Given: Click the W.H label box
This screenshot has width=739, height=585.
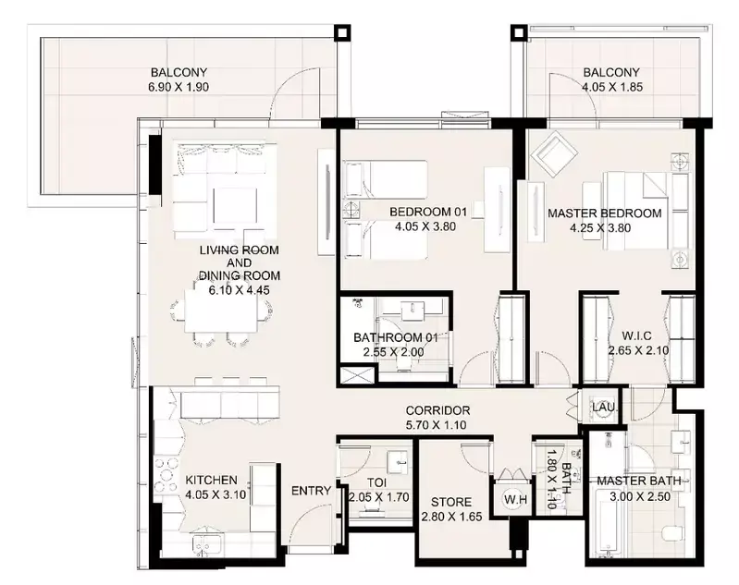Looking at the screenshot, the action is tap(515, 499).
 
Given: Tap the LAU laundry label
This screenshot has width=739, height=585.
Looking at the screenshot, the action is tap(604, 407).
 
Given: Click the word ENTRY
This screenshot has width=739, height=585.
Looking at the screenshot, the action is tap(311, 491).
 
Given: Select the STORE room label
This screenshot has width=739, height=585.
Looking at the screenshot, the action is tap(451, 502).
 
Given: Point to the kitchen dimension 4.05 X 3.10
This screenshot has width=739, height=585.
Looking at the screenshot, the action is tap(216, 495).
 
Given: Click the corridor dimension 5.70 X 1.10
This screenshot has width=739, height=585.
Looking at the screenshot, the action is tap(436, 425).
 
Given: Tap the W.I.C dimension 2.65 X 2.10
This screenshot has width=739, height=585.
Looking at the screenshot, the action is tap(638, 350).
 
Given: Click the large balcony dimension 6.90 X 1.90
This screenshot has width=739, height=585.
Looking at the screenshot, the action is tap(179, 87).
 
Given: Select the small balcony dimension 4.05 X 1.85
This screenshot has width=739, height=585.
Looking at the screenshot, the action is tap(611, 87).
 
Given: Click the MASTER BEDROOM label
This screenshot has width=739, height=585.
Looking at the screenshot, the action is tap(605, 213).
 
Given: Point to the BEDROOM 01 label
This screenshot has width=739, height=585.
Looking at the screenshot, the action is tap(428, 212).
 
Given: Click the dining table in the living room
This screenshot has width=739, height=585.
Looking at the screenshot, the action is tap(221, 311).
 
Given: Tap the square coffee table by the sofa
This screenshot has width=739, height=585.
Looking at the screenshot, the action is tap(235, 205).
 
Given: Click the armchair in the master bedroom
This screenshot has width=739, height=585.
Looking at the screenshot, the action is tap(554, 154).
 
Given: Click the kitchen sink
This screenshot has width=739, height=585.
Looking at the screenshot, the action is tap(203, 545).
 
